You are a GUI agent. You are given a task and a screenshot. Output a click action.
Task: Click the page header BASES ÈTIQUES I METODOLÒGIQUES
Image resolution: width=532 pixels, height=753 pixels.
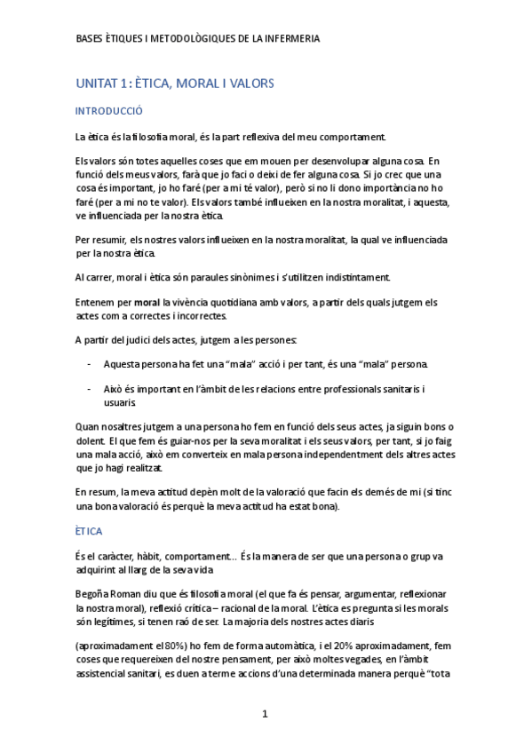tap(198, 39)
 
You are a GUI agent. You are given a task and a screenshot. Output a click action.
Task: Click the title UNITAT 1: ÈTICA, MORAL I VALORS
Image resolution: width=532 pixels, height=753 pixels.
tap(175, 83)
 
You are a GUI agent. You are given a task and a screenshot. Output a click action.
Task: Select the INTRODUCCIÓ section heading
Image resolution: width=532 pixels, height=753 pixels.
tap(109, 112)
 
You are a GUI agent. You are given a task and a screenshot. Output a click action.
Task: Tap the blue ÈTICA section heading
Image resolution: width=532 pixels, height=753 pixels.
tap(89, 531)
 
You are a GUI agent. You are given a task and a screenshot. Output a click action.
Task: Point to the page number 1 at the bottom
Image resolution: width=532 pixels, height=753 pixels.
tap(265, 714)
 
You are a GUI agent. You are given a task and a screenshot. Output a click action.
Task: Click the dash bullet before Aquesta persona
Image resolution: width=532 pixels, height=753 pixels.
tap(88, 365)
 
